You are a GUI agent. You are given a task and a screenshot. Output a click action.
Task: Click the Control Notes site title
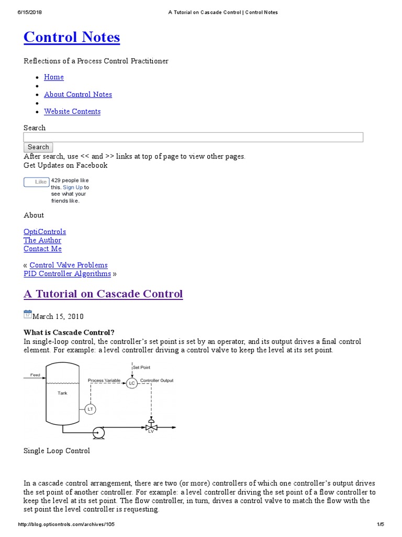coord(72,37)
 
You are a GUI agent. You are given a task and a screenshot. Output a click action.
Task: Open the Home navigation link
coord(54,77)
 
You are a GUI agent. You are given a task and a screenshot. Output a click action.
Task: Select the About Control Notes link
coord(78,94)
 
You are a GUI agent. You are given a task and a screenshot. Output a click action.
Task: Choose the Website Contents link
coord(72,111)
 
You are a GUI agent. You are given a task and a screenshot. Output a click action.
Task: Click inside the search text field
coord(193,137)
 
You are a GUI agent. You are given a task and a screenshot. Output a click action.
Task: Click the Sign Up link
coord(73,187)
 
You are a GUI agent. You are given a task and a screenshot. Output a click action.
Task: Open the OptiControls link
coord(44,232)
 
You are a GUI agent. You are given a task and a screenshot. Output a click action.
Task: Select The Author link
coord(42,240)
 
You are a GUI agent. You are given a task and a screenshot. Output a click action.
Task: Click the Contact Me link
coord(42,249)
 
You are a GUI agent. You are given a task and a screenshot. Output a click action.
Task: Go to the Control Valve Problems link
coord(68,265)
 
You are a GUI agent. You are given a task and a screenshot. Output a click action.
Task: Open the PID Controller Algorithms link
coord(67,274)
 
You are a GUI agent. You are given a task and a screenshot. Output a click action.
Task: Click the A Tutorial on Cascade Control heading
coord(103,294)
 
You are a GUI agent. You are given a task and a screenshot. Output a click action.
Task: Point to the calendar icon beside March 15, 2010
coord(28,315)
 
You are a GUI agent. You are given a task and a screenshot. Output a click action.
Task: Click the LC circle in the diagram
coord(131,383)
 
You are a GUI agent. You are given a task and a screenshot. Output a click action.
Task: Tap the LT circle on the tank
coord(90,409)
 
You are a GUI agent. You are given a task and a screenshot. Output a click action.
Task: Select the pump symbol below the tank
coord(97,432)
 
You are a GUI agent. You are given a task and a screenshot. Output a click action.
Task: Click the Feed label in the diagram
coord(35,375)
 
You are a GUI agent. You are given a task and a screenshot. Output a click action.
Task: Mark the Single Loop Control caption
coord(57,451)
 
